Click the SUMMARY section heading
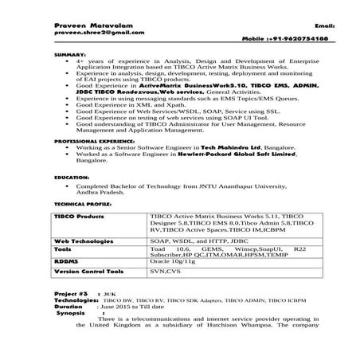(x=66, y=53)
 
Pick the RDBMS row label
(x=65, y=261)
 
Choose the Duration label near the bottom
(x=68, y=306)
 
